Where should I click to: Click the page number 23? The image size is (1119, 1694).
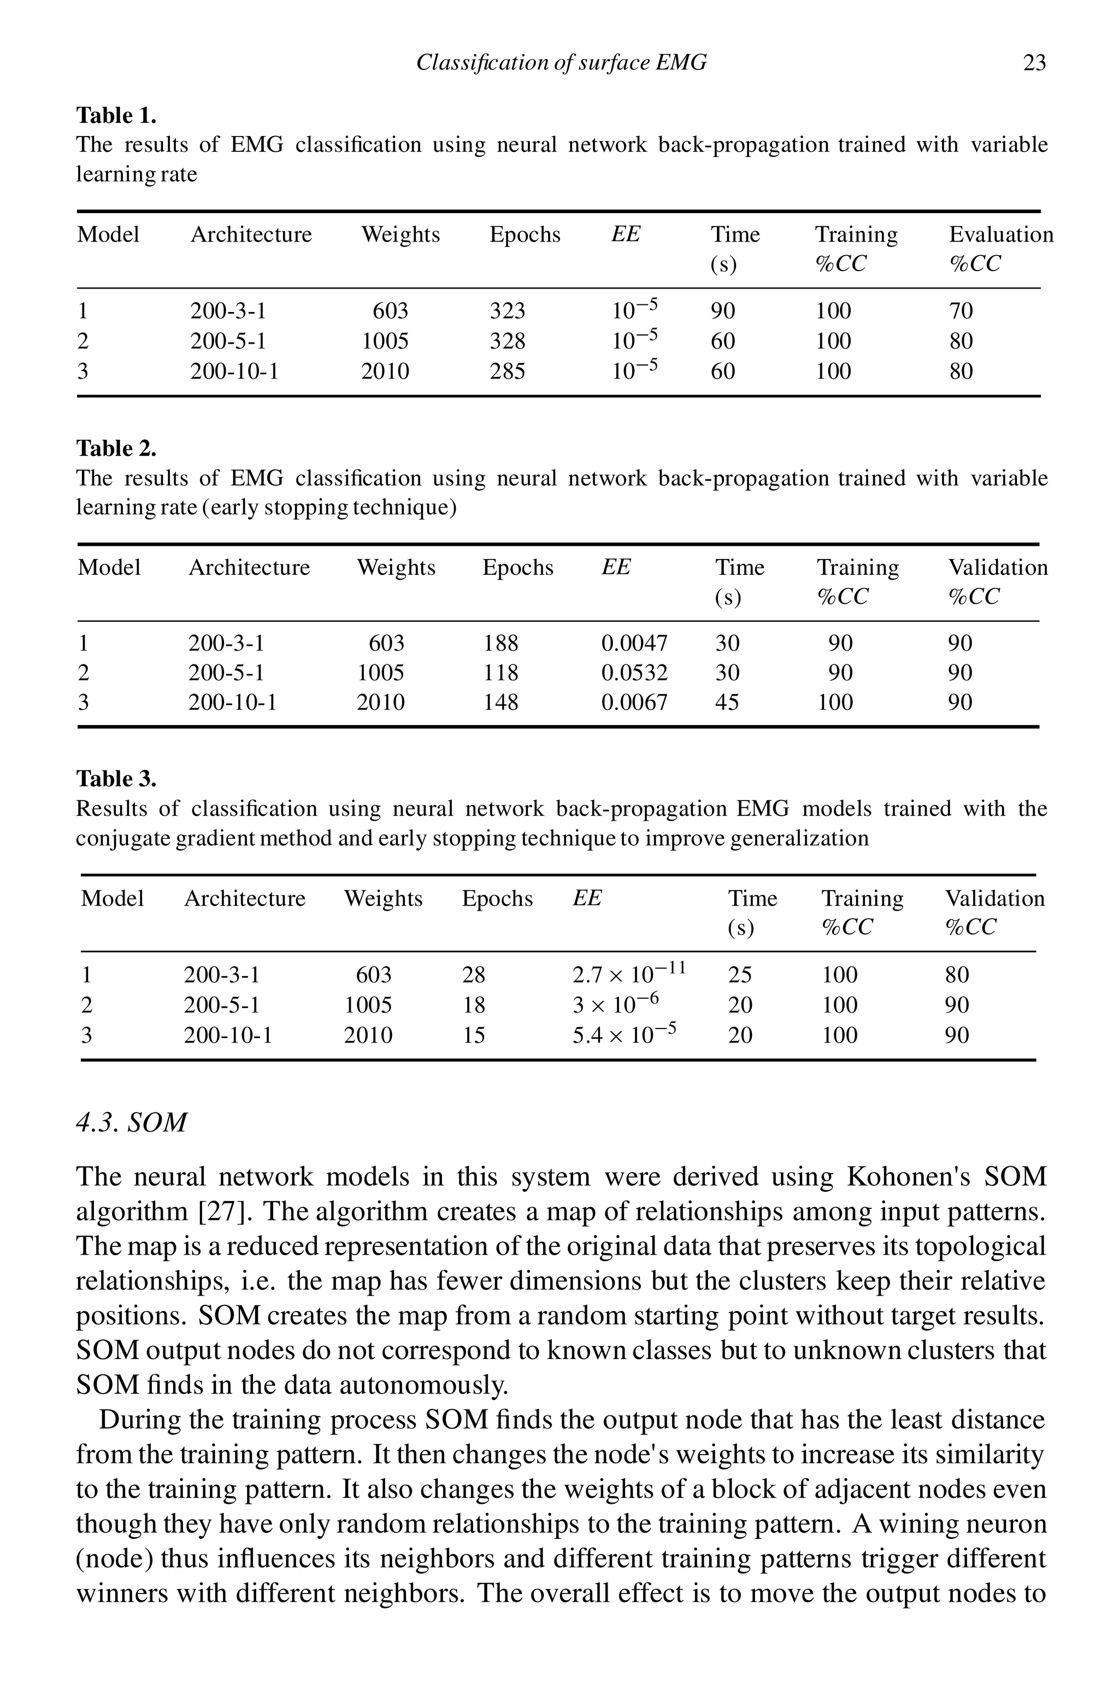pos(1034,63)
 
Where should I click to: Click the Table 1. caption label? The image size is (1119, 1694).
pos(116,116)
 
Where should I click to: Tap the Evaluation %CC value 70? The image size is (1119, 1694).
pos(961,311)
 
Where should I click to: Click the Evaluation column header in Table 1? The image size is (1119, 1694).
pos(1000,235)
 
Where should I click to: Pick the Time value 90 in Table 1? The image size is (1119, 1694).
pos(722,311)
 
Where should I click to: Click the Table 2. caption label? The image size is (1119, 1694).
pos(116,449)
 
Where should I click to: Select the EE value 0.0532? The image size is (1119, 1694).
pos(634,673)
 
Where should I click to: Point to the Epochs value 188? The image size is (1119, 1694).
pos(500,644)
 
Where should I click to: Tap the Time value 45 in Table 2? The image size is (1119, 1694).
pos(727,703)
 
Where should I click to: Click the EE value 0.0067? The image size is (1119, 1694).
pos(634,703)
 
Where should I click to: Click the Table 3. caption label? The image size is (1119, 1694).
pos(116,779)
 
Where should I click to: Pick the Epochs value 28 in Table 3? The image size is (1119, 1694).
pos(473,975)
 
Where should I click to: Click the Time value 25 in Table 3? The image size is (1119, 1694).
pos(739,975)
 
